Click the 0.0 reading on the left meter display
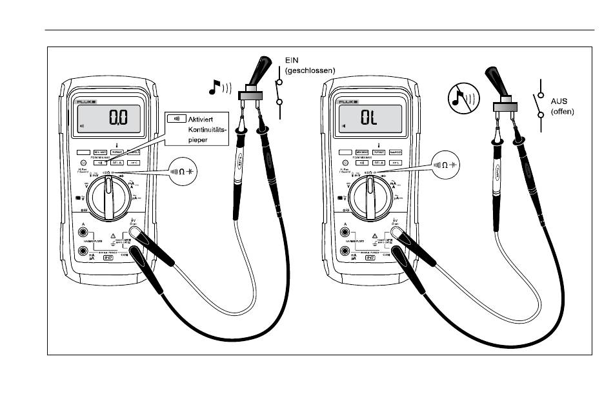point(118,118)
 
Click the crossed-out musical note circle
point(460,99)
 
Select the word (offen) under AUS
point(562,111)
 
